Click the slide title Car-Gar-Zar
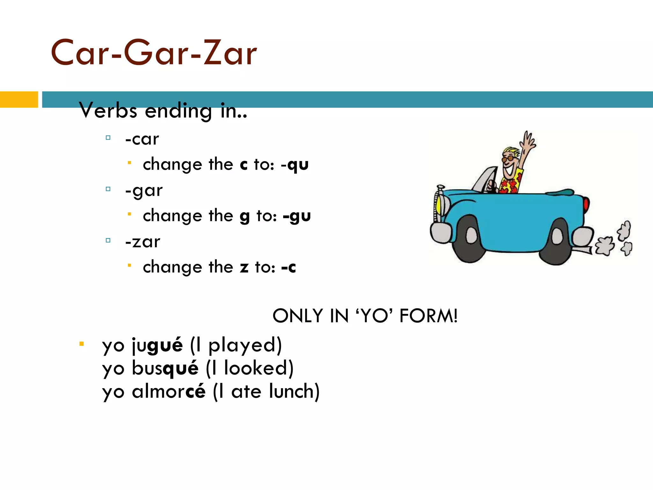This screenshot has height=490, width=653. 154,53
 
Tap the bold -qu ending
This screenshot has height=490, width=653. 295,165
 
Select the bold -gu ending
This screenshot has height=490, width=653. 297,216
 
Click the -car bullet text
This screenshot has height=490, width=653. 142,139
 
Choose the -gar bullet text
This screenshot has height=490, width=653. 144,191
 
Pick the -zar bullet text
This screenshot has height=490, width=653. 143,242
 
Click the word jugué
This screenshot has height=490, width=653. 158,345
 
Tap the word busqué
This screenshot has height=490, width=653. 165,368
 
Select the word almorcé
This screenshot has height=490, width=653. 169,391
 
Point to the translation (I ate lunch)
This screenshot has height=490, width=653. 266,391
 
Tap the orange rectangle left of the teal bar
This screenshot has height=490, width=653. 19,100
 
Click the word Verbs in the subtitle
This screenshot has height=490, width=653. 108,111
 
